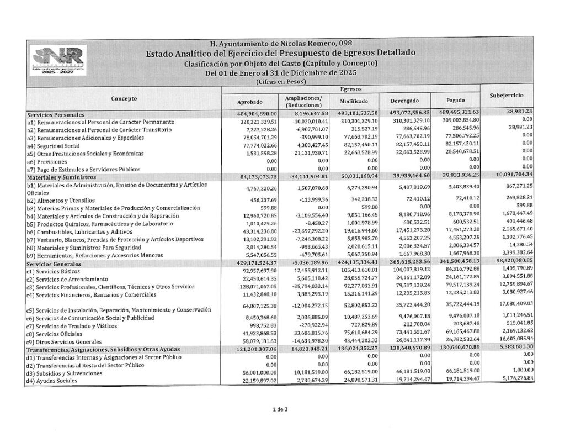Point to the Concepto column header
coord(124,98)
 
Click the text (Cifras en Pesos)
coord(282,81)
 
